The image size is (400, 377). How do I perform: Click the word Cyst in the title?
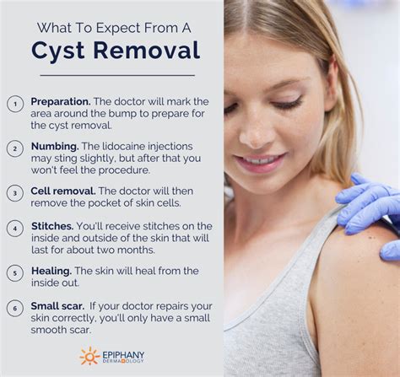point(58,51)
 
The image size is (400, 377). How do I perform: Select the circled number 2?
point(15,148)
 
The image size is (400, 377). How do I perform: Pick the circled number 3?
point(15,192)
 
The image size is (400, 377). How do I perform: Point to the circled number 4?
point(15,228)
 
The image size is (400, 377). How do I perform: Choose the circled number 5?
point(15,272)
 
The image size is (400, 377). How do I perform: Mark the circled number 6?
point(15,308)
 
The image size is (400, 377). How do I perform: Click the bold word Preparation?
point(61,101)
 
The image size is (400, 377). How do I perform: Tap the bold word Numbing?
point(55,146)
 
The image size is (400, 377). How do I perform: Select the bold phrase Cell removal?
point(63,191)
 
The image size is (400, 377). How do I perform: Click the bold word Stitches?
point(51,226)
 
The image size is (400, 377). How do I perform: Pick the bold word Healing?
point(51,271)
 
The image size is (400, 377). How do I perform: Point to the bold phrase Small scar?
point(58,306)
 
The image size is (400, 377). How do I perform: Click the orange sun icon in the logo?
point(90,356)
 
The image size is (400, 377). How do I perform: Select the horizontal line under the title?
point(111,75)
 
